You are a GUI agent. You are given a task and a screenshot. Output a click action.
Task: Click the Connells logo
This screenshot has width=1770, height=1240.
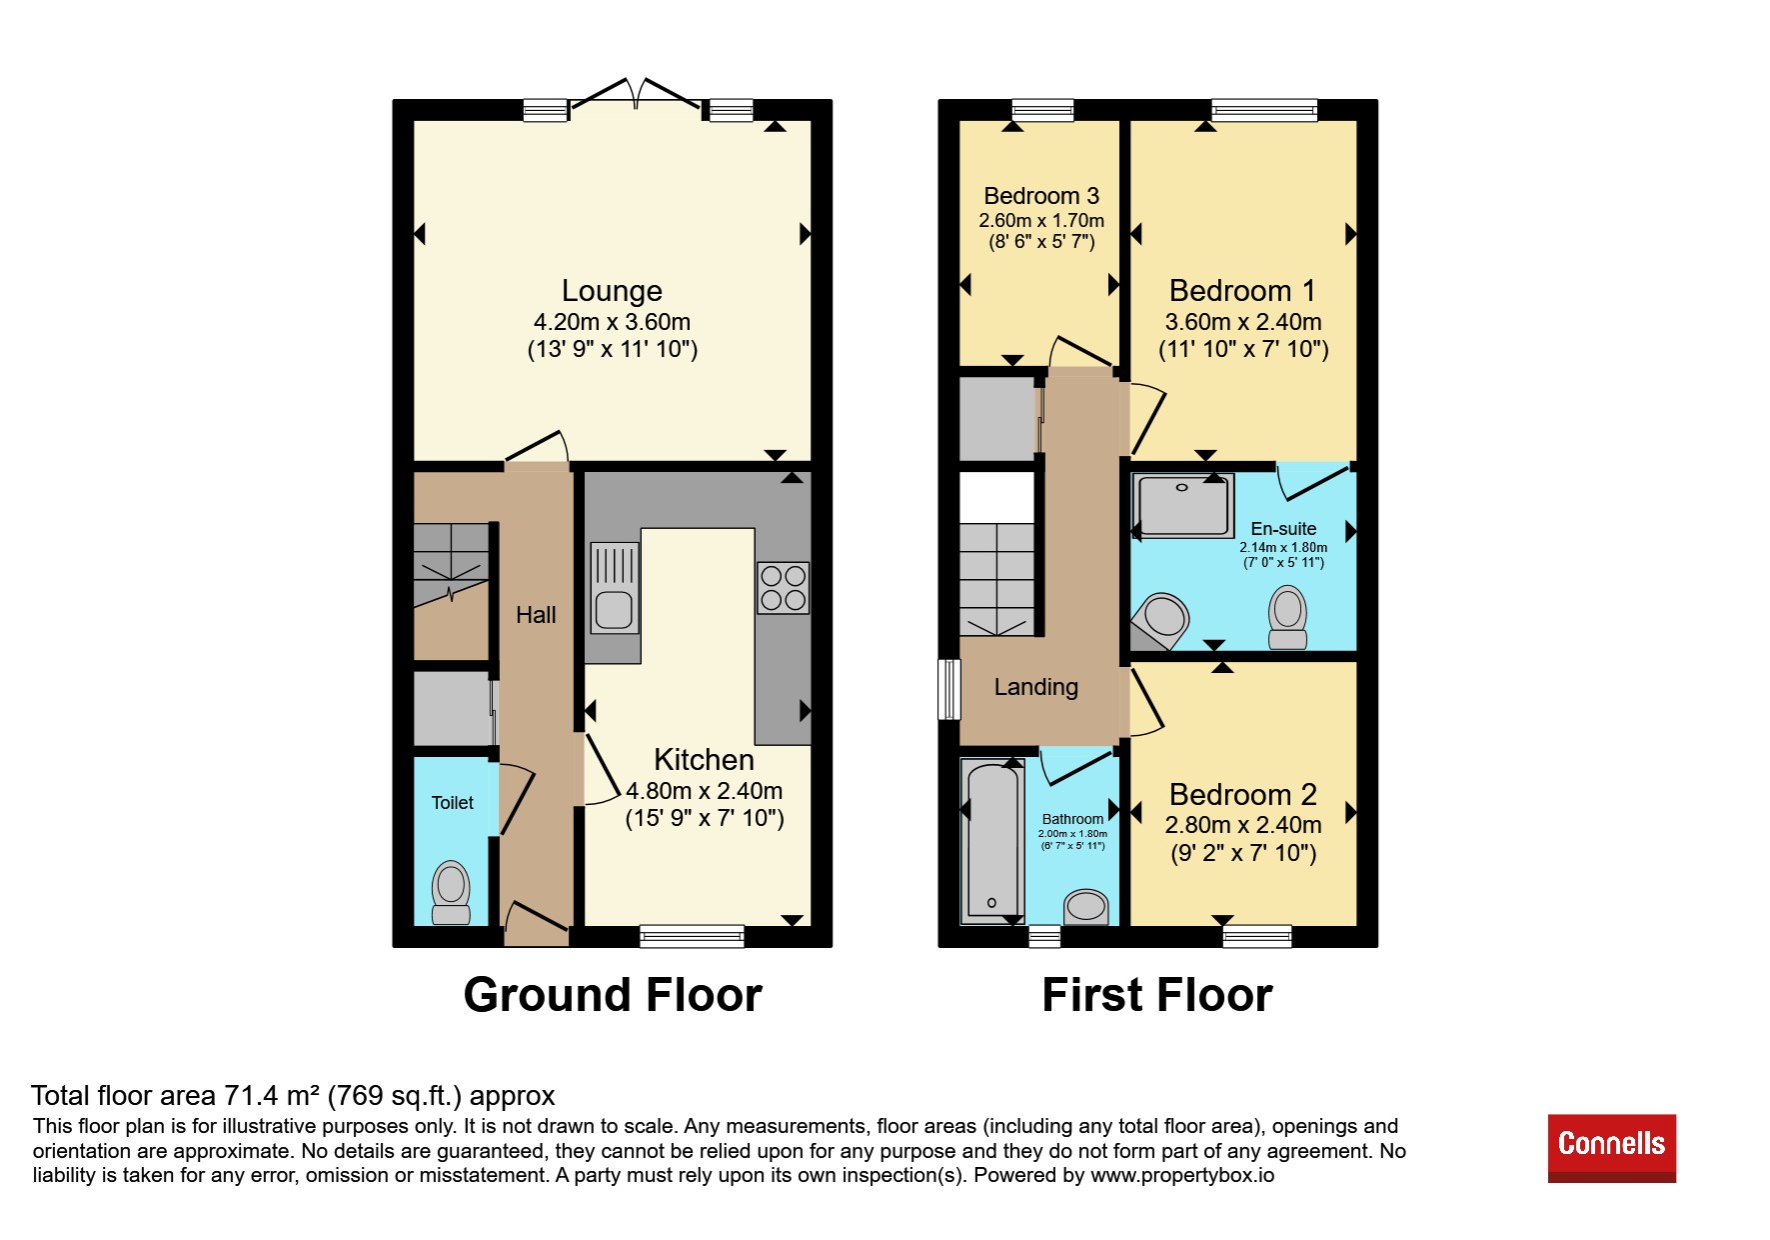click(1611, 1148)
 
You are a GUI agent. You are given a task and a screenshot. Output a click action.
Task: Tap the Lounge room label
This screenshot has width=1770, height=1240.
click(612, 291)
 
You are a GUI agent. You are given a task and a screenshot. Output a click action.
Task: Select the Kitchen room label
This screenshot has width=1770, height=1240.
click(704, 760)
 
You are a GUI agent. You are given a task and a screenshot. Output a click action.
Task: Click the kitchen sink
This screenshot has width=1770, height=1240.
click(614, 588)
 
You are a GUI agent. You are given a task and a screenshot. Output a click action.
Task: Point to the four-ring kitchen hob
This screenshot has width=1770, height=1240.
click(784, 588)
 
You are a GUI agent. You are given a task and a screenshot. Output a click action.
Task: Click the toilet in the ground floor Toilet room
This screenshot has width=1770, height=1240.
click(451, 893)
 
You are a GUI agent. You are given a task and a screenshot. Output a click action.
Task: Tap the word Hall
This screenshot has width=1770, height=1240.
click(536, 615)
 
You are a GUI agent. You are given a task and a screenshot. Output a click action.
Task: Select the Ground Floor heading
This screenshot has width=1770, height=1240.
click(613, 995)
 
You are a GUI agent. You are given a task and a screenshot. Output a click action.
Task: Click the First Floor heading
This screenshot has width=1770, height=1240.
click(1157, 995)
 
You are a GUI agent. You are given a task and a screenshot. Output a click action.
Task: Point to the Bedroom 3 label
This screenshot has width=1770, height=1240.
click(1041, 196)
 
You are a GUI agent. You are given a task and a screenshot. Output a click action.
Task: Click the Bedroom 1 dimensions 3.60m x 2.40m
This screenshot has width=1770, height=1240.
click(1243, 322)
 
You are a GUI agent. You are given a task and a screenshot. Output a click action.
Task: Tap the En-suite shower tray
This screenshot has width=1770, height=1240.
click(1182, 506)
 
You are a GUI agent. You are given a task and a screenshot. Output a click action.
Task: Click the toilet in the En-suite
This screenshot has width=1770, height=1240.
click(1287, 618)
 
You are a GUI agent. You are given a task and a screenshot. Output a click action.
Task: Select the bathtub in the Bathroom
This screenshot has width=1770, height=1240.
click(991, 841)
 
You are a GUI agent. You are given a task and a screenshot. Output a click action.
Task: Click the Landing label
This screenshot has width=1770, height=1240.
click(1036, 687)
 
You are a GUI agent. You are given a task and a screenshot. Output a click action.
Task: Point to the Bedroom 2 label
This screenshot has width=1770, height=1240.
click(1243, 795)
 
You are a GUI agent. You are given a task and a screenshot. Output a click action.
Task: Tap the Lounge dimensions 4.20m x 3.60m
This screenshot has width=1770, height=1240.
click(612, 322)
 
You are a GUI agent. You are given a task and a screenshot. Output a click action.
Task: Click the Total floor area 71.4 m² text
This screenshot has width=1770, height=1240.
click(293, 1096)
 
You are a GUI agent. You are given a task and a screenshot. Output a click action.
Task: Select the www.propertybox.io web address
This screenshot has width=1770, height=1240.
click(1182, 1176)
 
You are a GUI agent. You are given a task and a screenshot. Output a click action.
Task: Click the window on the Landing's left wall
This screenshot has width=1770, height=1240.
click(949, 689)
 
